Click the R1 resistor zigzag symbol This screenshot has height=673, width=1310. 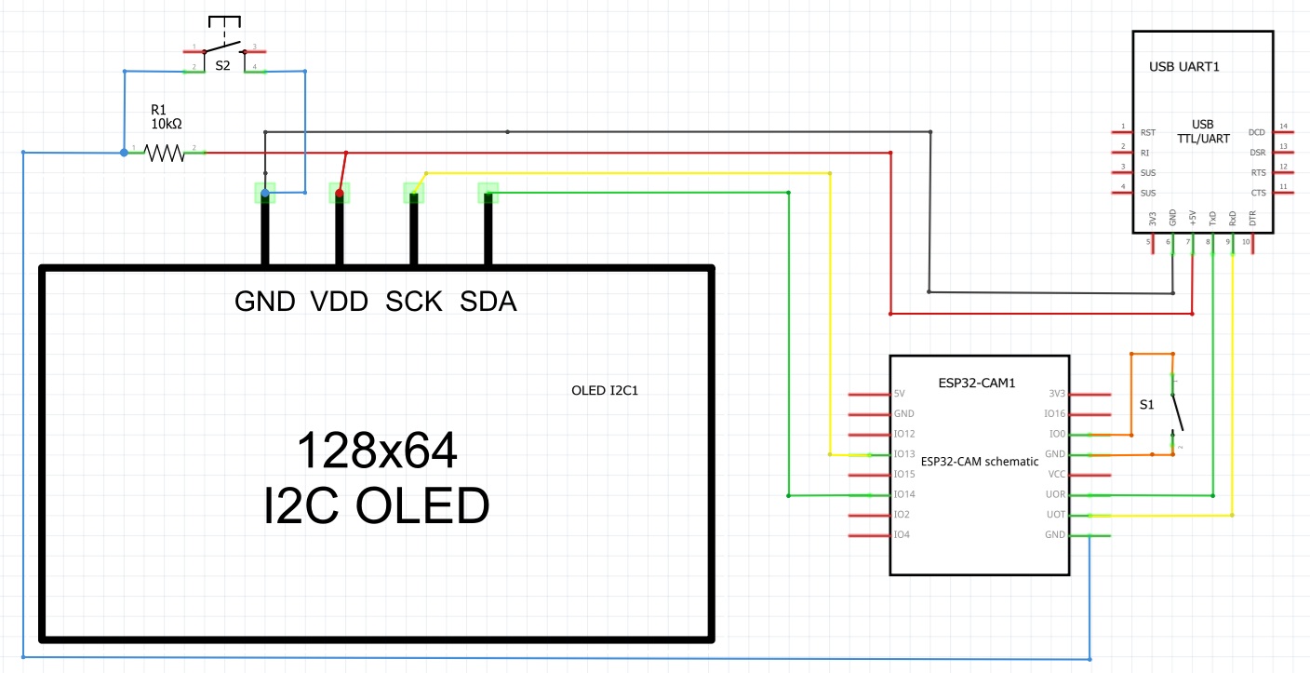click(165, 152)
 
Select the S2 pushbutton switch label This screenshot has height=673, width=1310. click(222, 67)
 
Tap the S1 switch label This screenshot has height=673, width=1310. click(1147, 405)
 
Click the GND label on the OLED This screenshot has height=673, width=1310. click(265, 302)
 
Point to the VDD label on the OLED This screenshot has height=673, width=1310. click(340, 302)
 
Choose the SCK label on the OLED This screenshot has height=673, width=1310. click(414, 302)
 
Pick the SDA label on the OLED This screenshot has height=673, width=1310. click(488, 302)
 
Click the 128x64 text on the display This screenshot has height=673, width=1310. click(377, 451)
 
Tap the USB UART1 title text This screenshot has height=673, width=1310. click(1184, 67)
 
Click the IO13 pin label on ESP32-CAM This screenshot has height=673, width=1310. click(904, 454)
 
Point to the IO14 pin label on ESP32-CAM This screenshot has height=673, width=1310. click(904, 494)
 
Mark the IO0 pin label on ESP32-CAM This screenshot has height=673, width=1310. click(1056, 434)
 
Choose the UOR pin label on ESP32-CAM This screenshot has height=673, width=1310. click(1055, 494)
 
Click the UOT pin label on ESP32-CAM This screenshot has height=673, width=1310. click(1055, 515)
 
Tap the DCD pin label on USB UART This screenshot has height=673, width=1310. click(1257, 132)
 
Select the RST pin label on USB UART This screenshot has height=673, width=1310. click(1147, 132)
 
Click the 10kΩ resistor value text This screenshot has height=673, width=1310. click(167, 123)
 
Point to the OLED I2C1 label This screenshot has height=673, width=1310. click(605, 390)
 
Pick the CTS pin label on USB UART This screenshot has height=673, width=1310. click(1257, 193)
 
